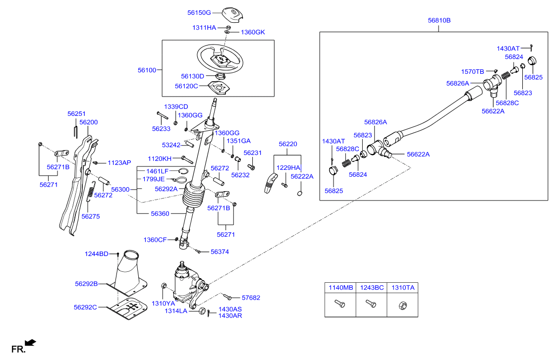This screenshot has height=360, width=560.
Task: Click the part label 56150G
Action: tap(199, 13)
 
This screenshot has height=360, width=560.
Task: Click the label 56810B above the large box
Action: tap(439, 20)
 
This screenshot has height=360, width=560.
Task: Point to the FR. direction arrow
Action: tap(31, 343)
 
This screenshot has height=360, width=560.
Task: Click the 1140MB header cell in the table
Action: tap(340, 288)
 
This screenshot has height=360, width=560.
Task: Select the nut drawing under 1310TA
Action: tap(402, 305)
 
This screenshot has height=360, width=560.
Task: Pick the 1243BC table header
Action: tap(371, 288)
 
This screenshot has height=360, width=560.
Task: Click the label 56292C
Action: tap(85, 307)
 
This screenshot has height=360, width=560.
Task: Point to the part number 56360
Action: tap(160, 213)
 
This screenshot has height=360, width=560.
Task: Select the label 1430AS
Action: tap(230, 309)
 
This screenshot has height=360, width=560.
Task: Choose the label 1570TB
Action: tap(472, 72)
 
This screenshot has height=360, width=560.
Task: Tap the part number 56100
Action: tap(147, 70)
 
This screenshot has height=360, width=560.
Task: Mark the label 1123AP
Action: tap(119, 163)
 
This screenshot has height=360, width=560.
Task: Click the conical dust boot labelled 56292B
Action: tap(127, 273)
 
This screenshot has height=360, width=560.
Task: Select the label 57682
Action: tap(251, 298)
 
